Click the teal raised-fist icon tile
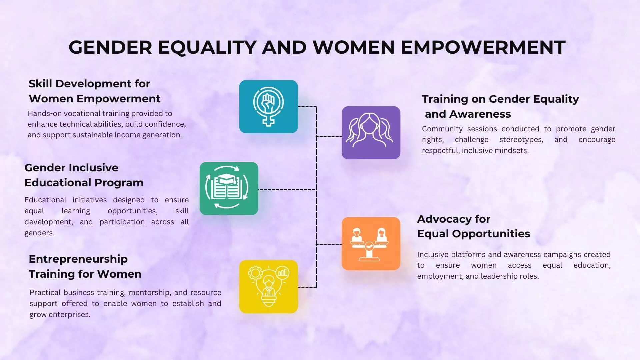(268, 107)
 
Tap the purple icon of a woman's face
(371, 133)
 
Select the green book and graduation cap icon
(229, 188)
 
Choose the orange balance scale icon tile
(371, 244)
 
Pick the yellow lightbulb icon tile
(268, 287)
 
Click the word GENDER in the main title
(110, 47)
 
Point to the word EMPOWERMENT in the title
(483, 47)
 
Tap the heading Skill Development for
(89, 83)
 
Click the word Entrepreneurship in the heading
(78, 259)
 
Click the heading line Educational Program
(84, 182)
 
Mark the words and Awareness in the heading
(468, 114)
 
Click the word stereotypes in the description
(521, 140)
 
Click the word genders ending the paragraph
(39, 233)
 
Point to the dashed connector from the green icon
(287, 190)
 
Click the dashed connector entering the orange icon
(329, 244)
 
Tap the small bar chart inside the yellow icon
(283, 273)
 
